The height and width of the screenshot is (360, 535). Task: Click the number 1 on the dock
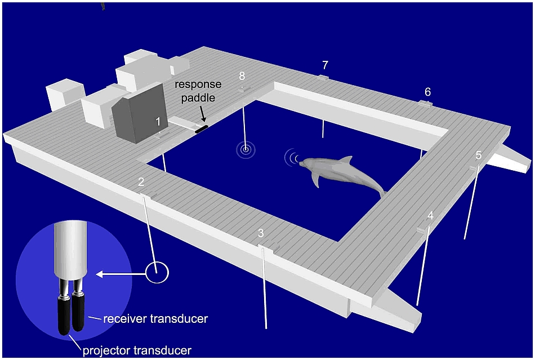coord(158,121)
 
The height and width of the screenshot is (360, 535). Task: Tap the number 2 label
coord(141,181)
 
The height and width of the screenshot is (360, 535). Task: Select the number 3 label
coord(260,233)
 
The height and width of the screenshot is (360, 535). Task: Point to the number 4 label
coord(430,215)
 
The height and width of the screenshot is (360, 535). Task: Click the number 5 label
coord(478,155)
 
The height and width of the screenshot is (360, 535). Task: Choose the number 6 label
coord(427,91)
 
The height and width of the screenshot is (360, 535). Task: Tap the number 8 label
coord(242,75)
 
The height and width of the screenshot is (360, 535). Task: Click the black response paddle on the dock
coord(201,128)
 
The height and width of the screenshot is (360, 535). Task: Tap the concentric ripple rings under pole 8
coord(246,149)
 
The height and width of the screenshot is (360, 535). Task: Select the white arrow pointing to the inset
coord(121,274)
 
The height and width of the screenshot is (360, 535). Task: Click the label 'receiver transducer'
coord(155,319)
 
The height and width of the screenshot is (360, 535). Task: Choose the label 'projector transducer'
coord(137,350)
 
